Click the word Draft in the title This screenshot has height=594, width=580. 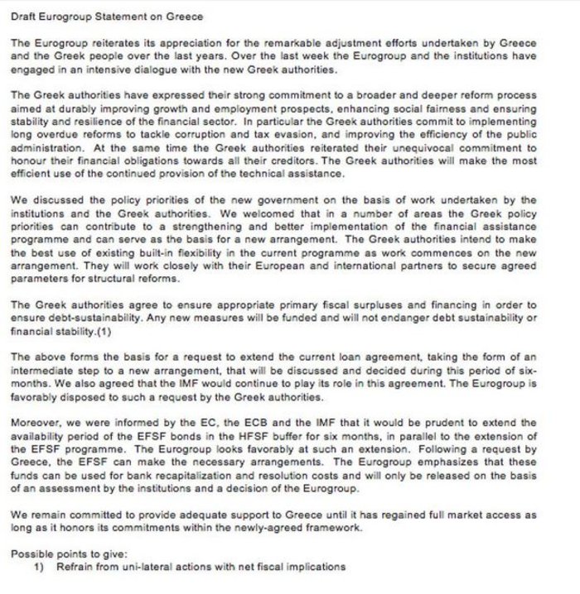(x=27, y=17)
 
